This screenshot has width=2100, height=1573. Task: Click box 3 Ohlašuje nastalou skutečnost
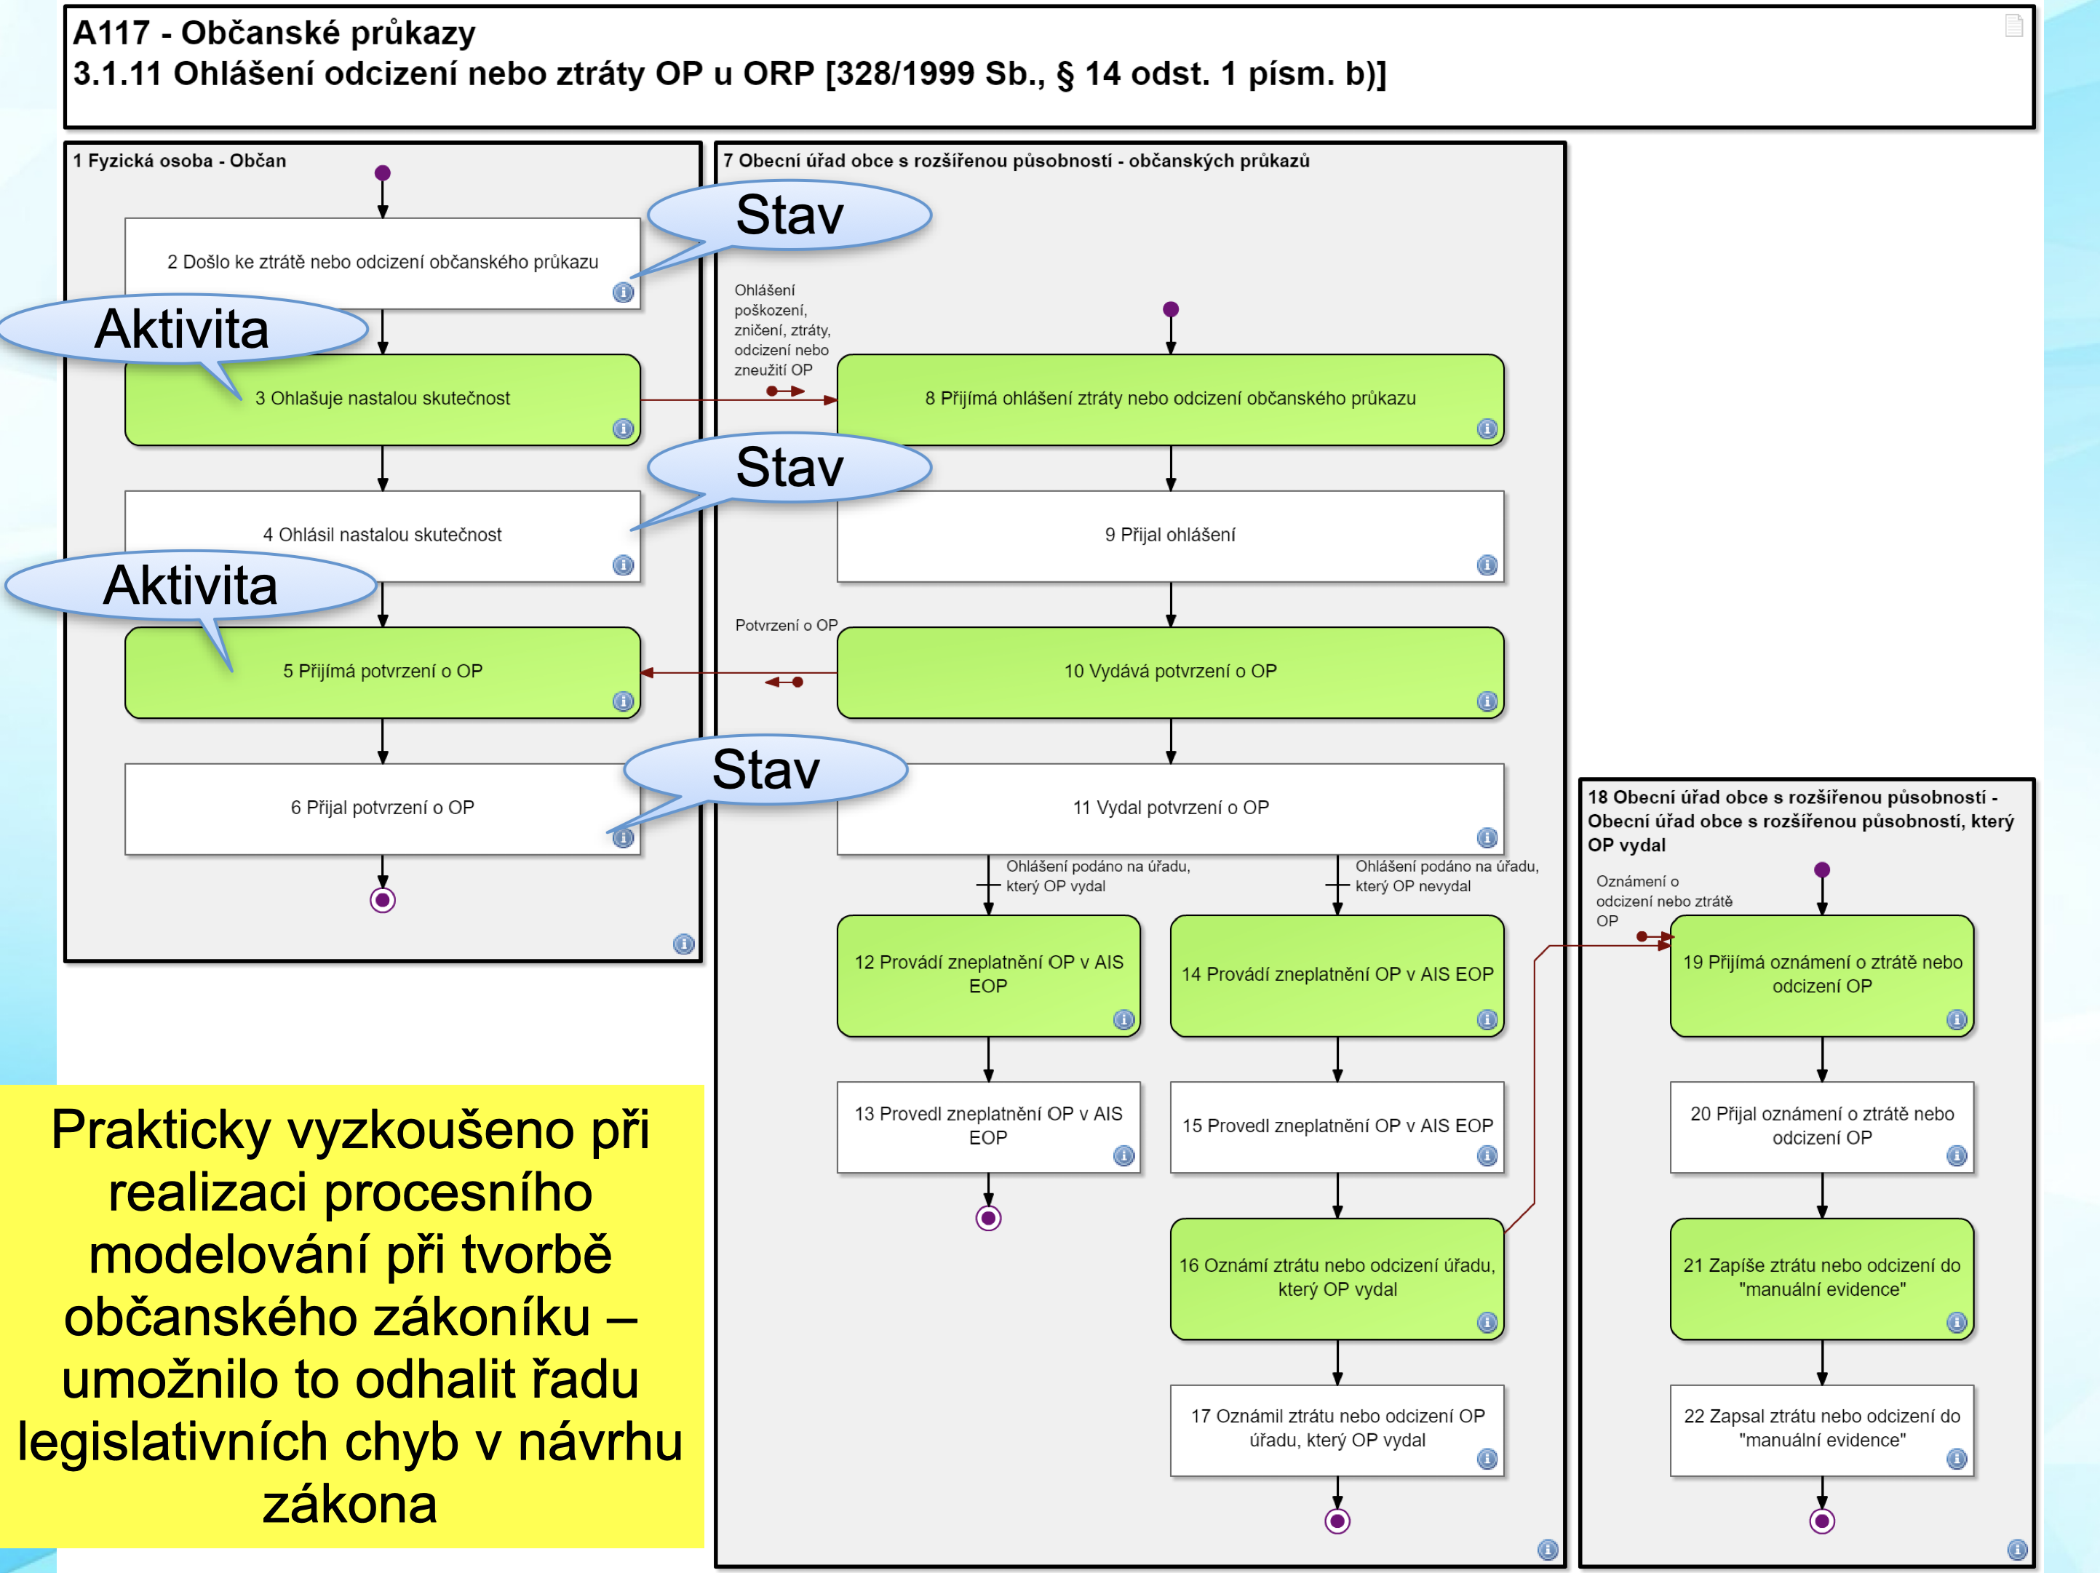383,399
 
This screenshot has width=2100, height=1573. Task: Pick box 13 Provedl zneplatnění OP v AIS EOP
987,1126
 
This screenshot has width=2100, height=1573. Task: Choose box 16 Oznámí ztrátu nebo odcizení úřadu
1337,1278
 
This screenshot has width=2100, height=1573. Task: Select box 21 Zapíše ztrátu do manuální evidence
1821,1278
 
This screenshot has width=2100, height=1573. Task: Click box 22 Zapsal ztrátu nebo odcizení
1821,1429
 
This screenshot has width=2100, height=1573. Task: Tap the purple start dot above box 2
383,172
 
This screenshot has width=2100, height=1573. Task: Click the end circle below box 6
383,900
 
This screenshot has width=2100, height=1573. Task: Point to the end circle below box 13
988,1218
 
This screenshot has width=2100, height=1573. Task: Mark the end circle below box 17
1337,1521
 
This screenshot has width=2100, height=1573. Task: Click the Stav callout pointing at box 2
790,215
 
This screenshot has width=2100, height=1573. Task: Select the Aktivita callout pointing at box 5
190,586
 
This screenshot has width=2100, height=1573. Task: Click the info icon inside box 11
1487,837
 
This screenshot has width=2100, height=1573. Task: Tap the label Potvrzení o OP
786,626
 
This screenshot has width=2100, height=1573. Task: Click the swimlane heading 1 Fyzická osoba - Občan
180,161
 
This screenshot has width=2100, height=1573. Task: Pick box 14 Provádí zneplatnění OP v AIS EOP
1337,975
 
